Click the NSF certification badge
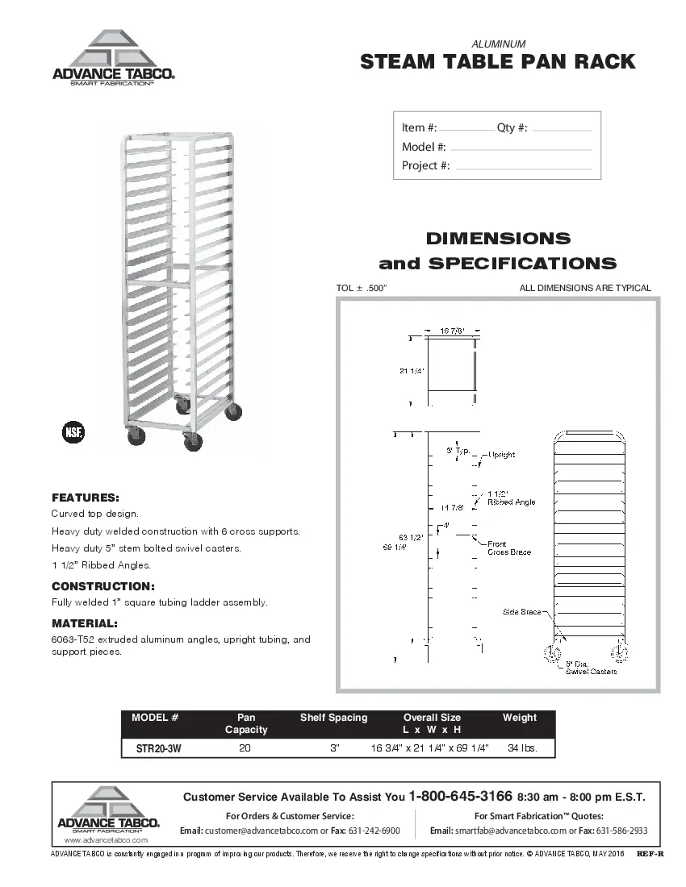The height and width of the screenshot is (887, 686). click(73, 431)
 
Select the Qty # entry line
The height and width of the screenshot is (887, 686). click(563, 130)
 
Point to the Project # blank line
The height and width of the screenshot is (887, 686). click(523, 168)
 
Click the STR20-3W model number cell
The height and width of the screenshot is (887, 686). click(158, 748)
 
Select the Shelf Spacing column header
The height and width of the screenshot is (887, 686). click(333, 718)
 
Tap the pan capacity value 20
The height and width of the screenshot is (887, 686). click(245, 748)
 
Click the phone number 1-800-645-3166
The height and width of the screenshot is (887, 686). click(461, 796)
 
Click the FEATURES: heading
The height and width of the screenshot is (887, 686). click(86, 497)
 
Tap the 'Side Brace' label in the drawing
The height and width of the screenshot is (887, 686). click(521, 612)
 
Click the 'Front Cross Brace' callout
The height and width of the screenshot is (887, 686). click(509, 548)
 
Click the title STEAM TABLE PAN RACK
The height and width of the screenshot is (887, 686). click(497, 62)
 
